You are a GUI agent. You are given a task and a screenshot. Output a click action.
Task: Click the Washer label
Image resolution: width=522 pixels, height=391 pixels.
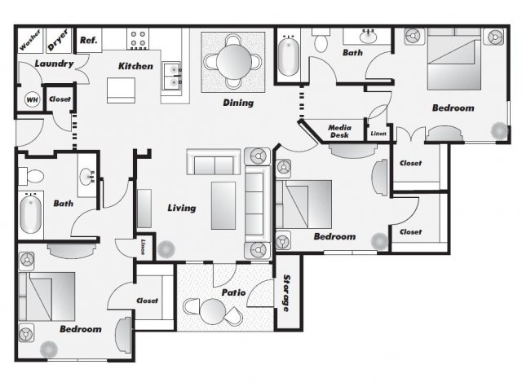click(x=30, y=40)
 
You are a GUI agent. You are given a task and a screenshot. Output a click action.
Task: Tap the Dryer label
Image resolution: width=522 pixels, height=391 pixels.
click(x=58, y=39)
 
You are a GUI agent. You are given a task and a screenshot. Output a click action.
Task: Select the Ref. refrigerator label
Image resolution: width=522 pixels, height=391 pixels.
click(x=89, y=40)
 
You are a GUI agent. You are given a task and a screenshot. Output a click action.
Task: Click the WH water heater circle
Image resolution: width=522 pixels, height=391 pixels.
click(x=33, y=99)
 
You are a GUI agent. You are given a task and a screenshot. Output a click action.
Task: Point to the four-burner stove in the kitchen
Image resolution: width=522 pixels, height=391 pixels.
click(x=138, y=39)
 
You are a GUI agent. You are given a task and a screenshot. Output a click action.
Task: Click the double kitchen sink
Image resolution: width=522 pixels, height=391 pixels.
click(x=172, y=76)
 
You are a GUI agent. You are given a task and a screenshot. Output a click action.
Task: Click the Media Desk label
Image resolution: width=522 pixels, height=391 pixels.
click(x=339, y=131)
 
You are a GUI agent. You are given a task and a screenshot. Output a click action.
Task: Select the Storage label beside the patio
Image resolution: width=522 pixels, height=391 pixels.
click(x=286, y=293)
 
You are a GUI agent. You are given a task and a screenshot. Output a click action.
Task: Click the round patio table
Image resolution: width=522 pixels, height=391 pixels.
click(x=213, y=311)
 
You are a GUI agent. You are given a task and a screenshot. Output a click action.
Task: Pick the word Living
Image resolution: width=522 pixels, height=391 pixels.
click(x=181, y=209)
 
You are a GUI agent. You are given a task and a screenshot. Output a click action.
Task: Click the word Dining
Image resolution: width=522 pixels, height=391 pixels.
click(x=238, y=103)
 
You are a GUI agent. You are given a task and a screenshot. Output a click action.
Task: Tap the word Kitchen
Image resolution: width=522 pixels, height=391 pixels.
click(x=136, y=66)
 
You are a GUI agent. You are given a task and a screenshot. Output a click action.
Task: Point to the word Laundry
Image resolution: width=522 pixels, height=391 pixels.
click(x=54, y=64)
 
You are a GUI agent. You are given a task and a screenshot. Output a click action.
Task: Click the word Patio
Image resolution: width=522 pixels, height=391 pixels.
click(x=234, y=292)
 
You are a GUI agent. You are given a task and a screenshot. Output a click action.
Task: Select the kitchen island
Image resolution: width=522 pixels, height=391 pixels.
click(x=121, y=90)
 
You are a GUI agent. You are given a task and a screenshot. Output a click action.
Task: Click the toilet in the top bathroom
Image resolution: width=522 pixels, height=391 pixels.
click(x=321, y=41)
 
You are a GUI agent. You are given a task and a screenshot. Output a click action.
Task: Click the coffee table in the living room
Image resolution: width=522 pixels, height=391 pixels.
click(x=223, y=205)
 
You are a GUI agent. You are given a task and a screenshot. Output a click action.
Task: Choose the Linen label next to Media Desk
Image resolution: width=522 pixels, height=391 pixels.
click(x=378, y=134)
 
